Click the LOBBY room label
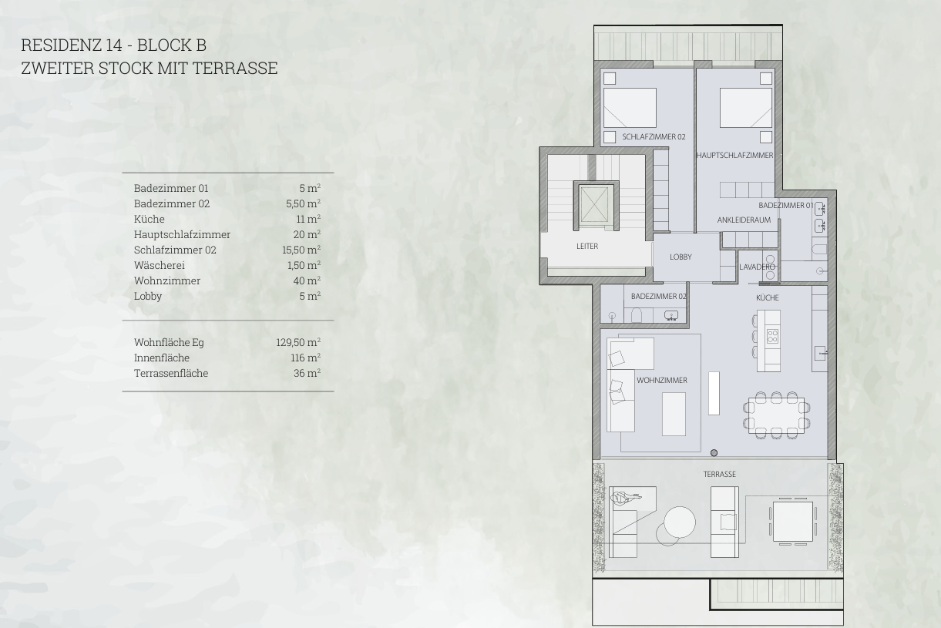[x=681, y=257]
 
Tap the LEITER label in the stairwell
[x=586, y=246]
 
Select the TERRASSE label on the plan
[x=720, y=474]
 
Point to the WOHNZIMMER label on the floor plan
[x=662, y=380]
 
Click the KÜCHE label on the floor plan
[x=767, y=297]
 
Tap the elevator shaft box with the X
[x=594, y=203]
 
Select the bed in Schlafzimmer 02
[x=630, y=108]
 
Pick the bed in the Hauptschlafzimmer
[x=746, y=108]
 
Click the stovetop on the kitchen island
[x=772, y=336]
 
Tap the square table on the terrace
[x=793, y=522]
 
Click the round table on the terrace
[x=680, y=522]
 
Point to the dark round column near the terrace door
[x=714, y=453]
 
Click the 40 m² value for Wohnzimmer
[x=307, y=280]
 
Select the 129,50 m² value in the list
[x=298, y=342]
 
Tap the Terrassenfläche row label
[x=171, y=373]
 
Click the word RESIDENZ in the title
[x=62, y=45]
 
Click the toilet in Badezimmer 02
[x=636, y=315]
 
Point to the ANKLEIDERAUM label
[x=744, y=220]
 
